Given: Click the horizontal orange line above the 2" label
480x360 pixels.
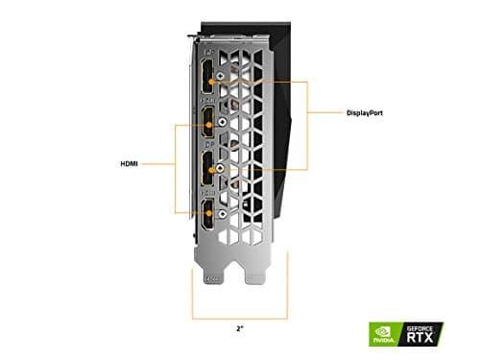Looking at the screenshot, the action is (x=239, y=318).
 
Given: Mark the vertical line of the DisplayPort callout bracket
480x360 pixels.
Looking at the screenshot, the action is (x=307, y=125).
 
